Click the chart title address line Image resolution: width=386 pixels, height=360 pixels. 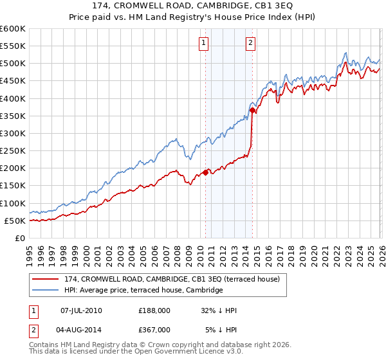(x=193, y=6)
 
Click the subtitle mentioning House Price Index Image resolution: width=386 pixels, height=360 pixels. (x=193, y=17)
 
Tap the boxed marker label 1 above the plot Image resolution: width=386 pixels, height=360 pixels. (x=203, y=43)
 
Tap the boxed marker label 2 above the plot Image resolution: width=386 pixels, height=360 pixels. (x=250, y=43)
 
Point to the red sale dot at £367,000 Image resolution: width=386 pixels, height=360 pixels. (x=252, y=111)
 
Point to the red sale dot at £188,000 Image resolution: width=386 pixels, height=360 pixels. (x=206, y=172)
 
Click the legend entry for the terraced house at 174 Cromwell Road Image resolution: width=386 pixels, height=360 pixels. (x=172, y=280)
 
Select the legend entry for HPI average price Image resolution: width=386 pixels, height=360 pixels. (x=143, y=291)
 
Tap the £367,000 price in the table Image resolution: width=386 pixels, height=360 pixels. (x=154, y=329)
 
